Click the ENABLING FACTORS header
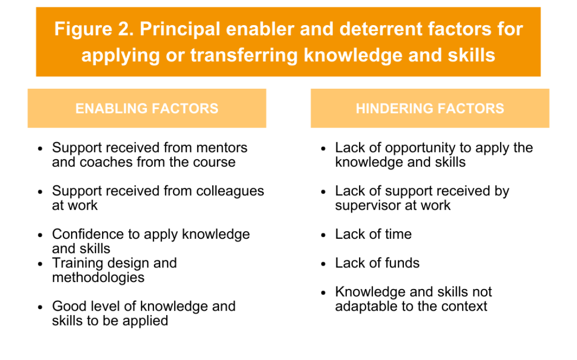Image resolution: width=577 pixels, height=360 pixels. tap(147, 108)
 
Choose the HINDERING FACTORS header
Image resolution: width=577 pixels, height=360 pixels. tap(430, 108)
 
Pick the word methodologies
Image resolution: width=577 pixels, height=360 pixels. tap(98, 278)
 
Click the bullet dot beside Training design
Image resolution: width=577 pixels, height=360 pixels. tap(40, 264)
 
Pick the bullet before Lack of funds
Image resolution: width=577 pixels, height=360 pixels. tap(324, 264)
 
